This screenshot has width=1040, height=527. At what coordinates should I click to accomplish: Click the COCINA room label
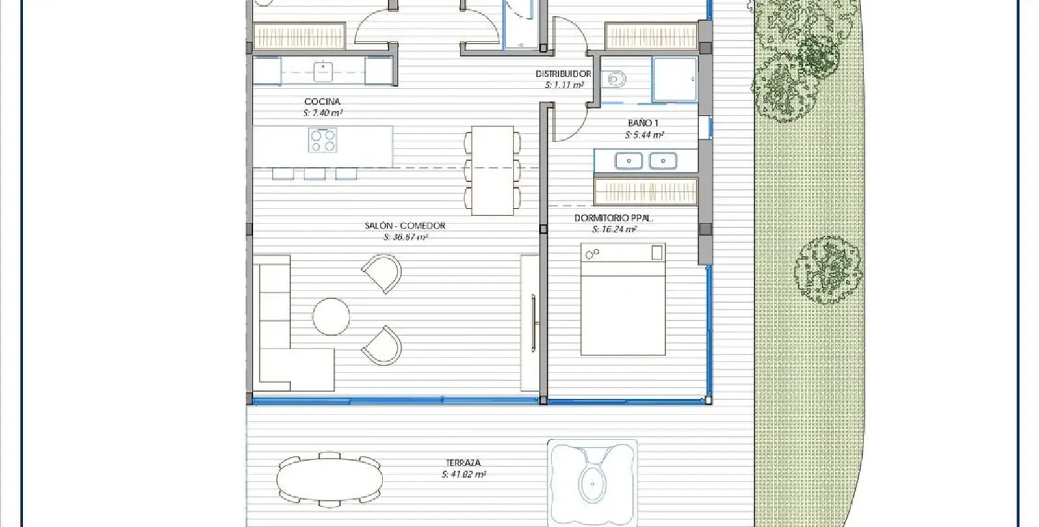point(322,101)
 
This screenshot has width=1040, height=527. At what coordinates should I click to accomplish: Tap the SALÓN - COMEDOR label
point(405,226)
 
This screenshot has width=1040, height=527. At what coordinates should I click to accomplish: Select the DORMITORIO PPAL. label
point(614,218)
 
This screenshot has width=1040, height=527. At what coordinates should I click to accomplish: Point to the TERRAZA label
point(463,463)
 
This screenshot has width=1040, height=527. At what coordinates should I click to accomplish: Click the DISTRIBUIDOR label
point(564,74)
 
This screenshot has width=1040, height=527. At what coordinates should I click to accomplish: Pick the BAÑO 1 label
point(643,123)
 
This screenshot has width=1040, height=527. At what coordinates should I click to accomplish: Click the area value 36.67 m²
point(406,237)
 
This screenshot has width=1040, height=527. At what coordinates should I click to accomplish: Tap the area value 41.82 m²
point(463,474)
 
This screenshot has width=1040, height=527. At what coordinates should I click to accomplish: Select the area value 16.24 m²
point(614,230)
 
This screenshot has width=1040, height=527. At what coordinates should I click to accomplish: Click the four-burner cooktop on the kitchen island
point(322,141)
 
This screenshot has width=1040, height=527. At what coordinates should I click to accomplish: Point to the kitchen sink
point(322,72)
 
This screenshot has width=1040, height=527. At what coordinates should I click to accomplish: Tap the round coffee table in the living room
point(331,316)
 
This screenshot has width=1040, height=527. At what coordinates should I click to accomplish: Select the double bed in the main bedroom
point(623,299)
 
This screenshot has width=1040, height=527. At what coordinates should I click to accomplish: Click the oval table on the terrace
point(330,480)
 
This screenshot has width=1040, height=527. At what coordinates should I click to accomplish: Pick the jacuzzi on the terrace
point(592,482)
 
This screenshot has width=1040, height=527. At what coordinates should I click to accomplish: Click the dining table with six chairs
point(493,170)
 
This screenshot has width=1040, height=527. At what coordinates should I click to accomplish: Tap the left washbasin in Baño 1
point(629,161)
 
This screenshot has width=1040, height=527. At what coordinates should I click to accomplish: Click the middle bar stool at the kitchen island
point(315,174)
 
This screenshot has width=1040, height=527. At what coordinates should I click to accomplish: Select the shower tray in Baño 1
point(675,79)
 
